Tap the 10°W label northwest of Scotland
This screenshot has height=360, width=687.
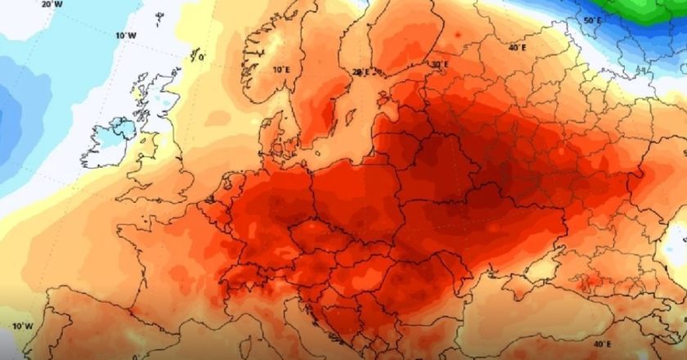pyautogui.click(x=124, y=36)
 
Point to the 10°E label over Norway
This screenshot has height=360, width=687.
pyautogui.click(x=281, y=70)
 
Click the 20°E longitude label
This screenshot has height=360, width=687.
pyautogui.click(x=361, y=72)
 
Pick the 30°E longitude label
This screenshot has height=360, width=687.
pyautogui.click(x=440, y=64)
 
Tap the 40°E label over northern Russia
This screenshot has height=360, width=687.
pyautogui.click(x=517, y=47)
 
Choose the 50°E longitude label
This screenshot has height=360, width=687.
pyautogui.click(x=593, y=20)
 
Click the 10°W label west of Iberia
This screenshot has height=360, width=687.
pyautogui.click(x=21, y=326)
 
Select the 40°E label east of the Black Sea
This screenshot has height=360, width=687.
pyautogui.click(x=602, y=344)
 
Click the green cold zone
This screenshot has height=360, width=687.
pyautogui.click(x=646, y=10)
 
